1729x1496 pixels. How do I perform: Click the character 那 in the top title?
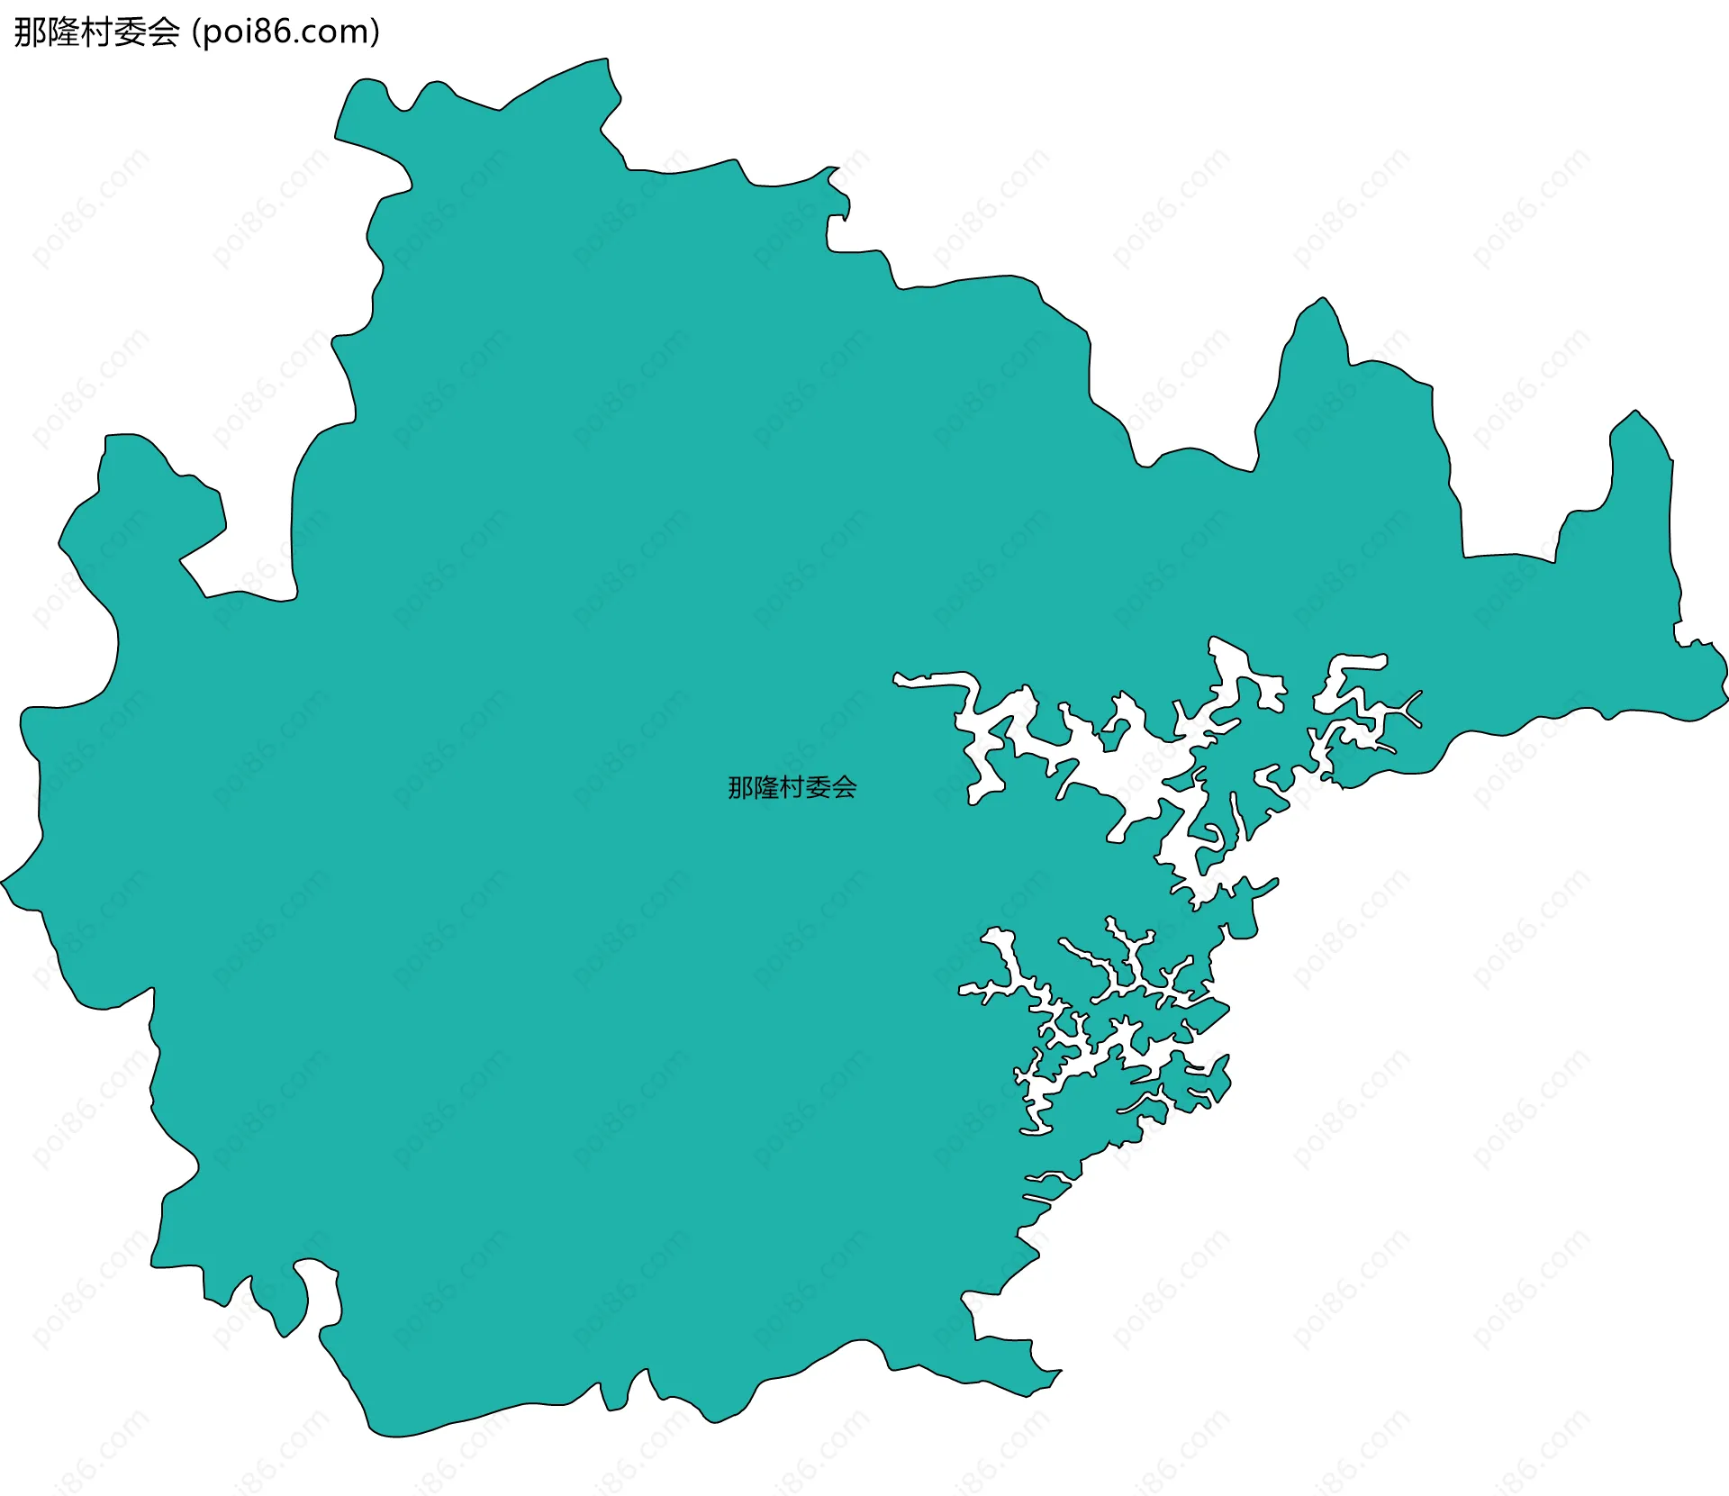[x=30, y=32]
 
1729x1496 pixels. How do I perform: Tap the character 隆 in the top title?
[x=64, y=32]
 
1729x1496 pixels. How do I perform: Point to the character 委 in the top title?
[x=131, y=32]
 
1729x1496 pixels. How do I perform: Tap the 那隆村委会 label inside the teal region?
[x=792, y=788]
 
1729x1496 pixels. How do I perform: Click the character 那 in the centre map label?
[x=741, y=788]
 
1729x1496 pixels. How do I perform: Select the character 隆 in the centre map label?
[x=766, y=788]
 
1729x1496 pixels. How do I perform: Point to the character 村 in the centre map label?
[x=792, y=788]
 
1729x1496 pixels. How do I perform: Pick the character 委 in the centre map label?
[x=818, y=788]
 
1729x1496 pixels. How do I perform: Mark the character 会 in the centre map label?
[x=844, y=788]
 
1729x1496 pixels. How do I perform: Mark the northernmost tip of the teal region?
[x=605, y=61]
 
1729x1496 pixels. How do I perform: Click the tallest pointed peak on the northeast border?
[x=1322, y=301]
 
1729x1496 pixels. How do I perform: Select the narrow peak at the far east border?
[x=1636, y=414]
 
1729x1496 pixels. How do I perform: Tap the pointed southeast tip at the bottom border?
[x=1059, y=1374]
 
